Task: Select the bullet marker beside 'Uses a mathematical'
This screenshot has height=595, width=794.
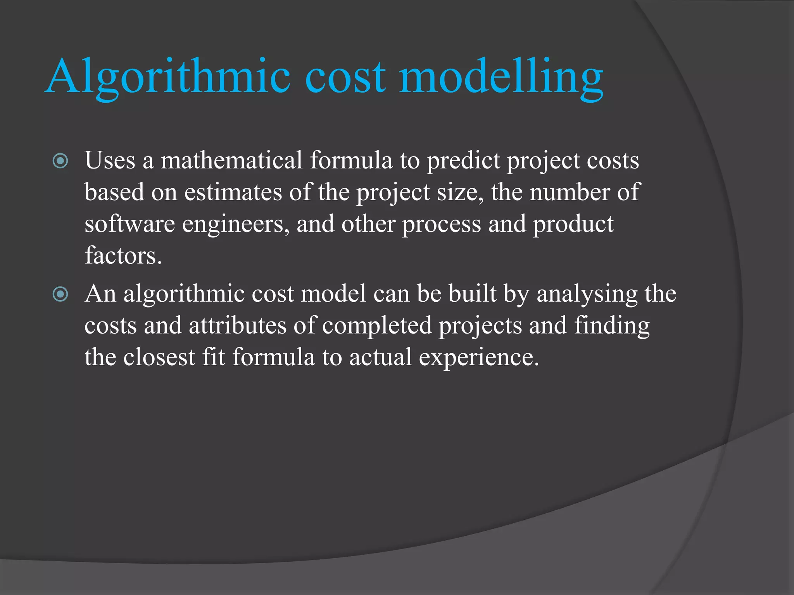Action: coord(60,161)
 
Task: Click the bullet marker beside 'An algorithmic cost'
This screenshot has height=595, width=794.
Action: coord(60,294)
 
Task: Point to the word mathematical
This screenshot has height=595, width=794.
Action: coord(231,160)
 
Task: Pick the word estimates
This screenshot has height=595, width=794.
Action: coord(233,192)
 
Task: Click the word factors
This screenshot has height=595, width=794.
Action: coord(123,256)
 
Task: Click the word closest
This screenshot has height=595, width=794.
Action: coord(159,357)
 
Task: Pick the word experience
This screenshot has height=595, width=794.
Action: coord(479,357)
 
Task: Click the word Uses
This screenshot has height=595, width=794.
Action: coord(110,160)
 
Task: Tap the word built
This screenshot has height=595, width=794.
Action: coord(472,294)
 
